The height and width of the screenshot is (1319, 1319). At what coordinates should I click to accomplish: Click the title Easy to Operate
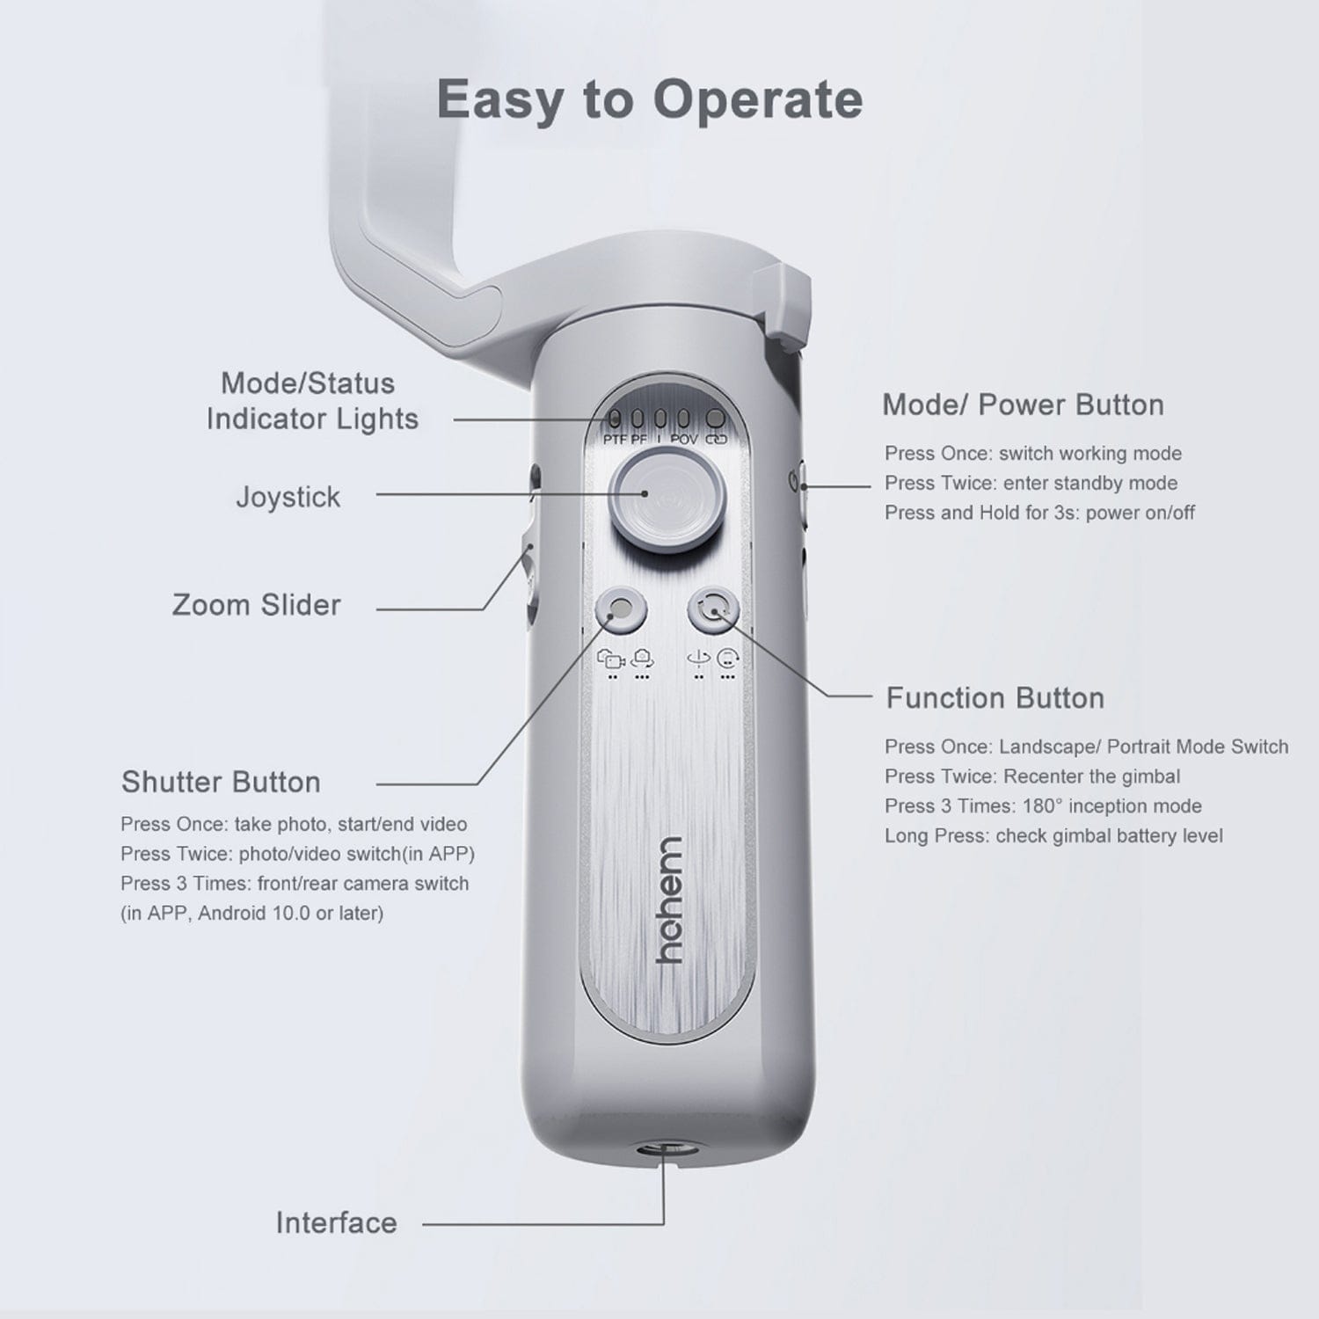(649, 99)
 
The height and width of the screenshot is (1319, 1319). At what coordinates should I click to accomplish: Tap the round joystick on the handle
(669, 493)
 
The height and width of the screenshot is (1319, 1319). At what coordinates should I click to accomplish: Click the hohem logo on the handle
(670, 900)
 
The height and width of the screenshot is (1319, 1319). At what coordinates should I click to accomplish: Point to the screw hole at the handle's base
(664, 1148)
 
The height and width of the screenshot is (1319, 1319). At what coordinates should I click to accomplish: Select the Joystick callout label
(288, 497)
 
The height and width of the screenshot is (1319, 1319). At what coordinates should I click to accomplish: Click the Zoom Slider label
(256, 605)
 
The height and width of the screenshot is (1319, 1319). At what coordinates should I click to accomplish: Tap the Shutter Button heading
(221, 782)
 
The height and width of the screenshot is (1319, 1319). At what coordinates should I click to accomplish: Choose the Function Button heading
(995, 698)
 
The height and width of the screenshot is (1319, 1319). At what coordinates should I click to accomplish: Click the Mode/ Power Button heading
(1023, 404)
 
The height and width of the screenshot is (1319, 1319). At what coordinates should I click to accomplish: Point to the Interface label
(336, 1222)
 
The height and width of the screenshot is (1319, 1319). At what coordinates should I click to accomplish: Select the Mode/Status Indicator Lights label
(311, 401)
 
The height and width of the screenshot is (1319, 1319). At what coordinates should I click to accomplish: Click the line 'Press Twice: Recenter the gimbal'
(1032, 776)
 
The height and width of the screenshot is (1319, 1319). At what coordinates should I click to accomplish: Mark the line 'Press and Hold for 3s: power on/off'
(1039, 513)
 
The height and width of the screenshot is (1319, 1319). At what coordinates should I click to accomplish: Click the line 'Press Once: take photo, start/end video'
(294, 824)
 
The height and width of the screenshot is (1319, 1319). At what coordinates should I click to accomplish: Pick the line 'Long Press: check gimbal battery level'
(1053, 835)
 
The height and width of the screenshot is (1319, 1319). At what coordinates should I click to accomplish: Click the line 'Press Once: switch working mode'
(1033, 454)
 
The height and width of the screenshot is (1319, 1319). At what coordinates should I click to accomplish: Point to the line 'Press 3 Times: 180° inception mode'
(1043, 805)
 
